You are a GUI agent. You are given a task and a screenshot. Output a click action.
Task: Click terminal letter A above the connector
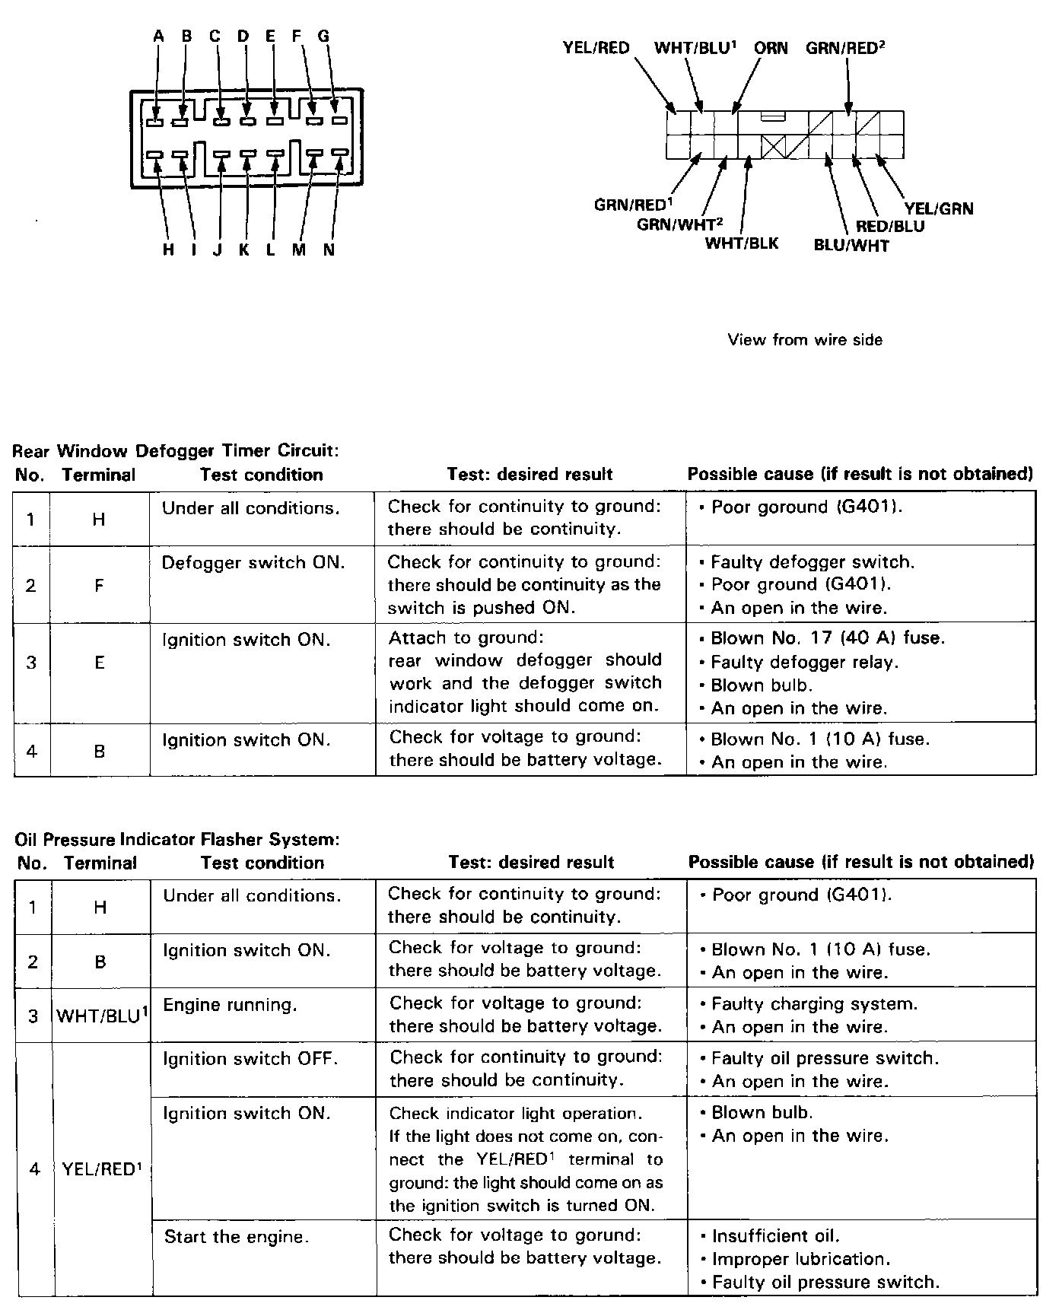(158, 36)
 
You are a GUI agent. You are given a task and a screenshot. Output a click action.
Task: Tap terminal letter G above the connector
(323, 36)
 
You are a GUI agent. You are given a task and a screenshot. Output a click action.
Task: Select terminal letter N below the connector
(329, 250)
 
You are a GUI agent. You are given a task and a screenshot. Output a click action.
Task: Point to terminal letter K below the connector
(244, 250)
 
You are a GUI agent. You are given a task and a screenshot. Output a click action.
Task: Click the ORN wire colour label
(771, 48)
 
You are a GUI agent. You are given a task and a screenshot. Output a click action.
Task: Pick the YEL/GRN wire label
(939, 208)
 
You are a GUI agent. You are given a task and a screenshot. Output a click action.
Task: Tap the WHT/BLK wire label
(742, 243)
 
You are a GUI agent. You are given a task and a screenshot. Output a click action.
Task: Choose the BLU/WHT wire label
(851, 245)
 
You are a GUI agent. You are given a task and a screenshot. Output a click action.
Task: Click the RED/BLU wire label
(890, 226)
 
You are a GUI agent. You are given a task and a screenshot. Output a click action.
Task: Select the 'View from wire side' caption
(805, 339)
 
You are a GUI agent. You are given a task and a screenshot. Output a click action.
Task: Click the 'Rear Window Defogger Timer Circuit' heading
(176, 450)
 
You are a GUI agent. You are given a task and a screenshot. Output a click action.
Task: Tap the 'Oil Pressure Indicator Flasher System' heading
(176, 840)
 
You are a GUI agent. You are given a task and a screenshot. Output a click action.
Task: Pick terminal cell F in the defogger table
(99, 585)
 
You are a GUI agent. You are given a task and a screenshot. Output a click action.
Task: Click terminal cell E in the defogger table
(99, 663)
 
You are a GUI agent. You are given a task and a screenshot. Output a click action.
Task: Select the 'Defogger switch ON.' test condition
(253, 563)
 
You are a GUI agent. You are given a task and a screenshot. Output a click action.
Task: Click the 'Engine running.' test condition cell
(229, 1005)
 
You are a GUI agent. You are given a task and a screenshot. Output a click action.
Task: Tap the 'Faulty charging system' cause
(814, 1004)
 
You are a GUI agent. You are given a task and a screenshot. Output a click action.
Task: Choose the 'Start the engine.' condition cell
(237, 1236)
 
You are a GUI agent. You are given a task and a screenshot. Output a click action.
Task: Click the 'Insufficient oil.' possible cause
(775, 1236)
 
